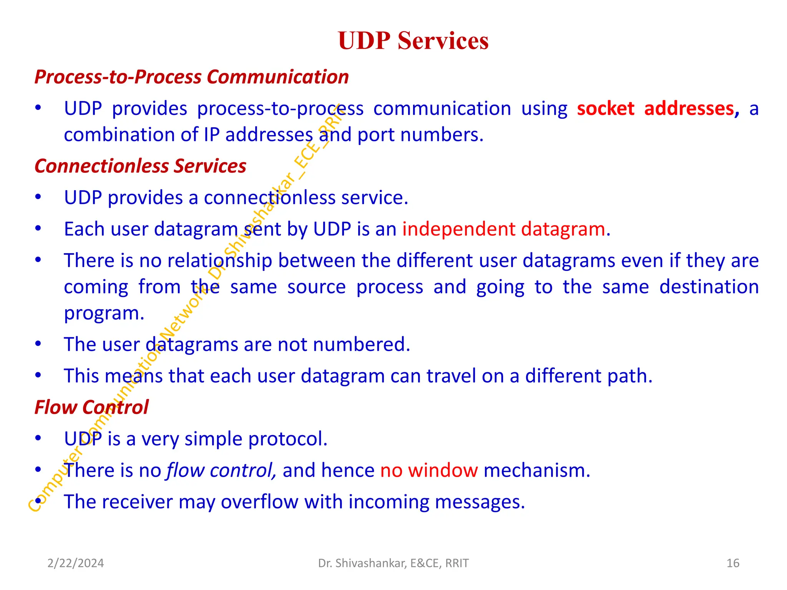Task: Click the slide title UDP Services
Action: point(413,41)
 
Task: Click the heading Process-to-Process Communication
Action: point(191,77)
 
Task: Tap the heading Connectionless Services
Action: point(140,166)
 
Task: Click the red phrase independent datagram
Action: point(504,229)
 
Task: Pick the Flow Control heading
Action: point(91,407)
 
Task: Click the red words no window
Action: point(429,471)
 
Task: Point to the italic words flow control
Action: point(221,471)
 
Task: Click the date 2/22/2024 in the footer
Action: point(76,563)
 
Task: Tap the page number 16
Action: point(733,563)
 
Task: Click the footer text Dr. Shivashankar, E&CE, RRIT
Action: point(393,563)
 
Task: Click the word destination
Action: point(709,287)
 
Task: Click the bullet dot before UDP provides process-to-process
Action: point(38,108)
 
